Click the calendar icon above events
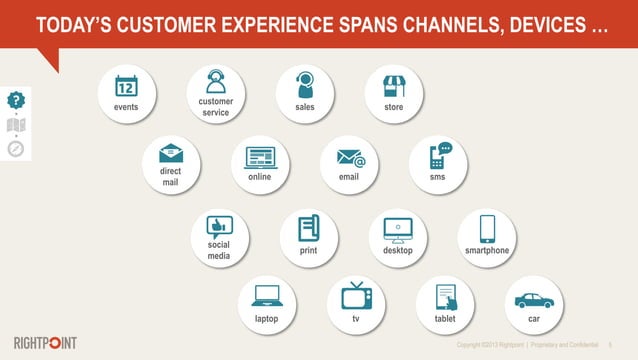pos(126,86)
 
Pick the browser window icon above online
pos(260,157)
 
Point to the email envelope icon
pos(349,157)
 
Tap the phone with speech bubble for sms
pos(438,156)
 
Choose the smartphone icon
pos(487,228)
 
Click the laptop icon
pos(266,295)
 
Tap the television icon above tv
pos(355,295)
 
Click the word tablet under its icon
pos(445,318)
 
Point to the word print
pos(309,250)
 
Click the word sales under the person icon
pos(305,107)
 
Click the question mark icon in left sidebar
pos(15,100)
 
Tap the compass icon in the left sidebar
pos(15,149)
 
